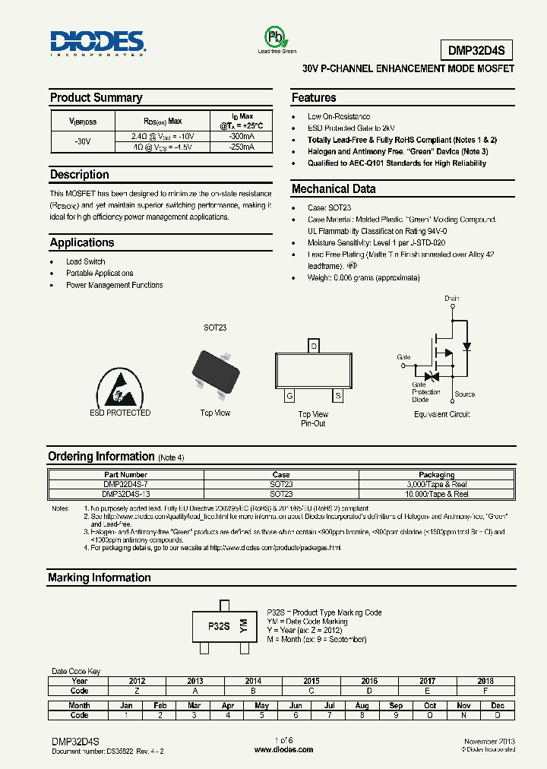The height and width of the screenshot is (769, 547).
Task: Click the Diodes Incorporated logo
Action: tap(97, 43)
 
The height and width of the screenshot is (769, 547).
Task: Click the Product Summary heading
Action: tap(96, 98)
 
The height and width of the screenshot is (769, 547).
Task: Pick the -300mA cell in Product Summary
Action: tap(241, 135)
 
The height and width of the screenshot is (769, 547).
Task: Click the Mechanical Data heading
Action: tap(334, 189)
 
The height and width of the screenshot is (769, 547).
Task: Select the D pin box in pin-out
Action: tap(313, 347)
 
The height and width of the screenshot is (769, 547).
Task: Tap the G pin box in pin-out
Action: tap(289, 396)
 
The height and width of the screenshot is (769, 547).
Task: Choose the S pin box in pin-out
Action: tap(337, 396)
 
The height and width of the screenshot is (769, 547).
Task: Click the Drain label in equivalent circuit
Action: tap(452, 299)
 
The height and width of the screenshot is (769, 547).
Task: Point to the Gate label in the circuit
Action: tap(403, 356)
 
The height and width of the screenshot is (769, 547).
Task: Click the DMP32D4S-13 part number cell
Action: tap(126, 494)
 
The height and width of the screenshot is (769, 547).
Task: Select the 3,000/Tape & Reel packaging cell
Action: tap(436, 484)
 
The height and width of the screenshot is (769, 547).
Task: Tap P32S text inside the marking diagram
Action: tap(219, 626)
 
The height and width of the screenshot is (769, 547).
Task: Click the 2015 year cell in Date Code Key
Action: tap(311, 681)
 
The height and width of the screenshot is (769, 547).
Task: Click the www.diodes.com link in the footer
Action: tap(283, 749)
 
